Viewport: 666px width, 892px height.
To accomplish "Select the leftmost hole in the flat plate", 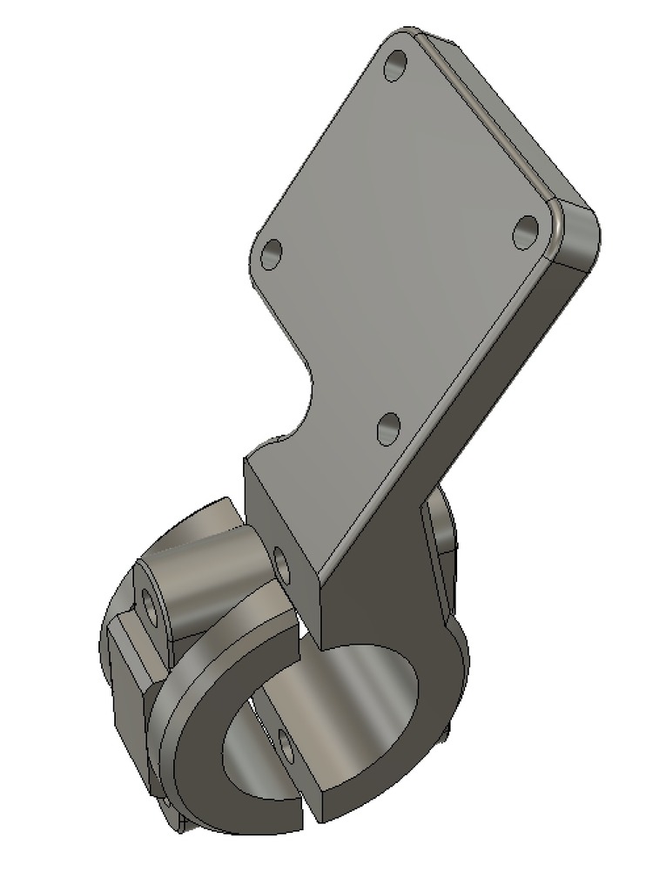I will point(272,254).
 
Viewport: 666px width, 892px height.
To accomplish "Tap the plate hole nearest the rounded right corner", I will point(526,232).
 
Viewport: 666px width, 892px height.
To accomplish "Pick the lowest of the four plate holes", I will point(388,428).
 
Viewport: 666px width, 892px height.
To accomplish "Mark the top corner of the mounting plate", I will point(402,37).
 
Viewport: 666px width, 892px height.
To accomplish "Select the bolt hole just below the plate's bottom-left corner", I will point(282,564).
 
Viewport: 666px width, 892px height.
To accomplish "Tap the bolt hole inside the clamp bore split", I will point(284,743).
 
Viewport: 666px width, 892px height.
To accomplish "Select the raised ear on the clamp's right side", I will point(440,540).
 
